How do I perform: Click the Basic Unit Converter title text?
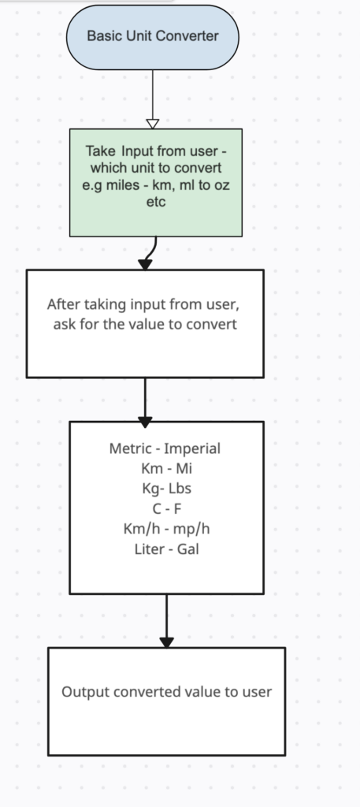[x=153, y=36]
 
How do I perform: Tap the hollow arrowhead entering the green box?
[x=153, y=124]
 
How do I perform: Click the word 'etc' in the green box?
[x=156, y=202]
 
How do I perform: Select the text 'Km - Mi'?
[x=167, y=468]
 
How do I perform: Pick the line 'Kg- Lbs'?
[x=167, y=489]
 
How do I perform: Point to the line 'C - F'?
[x=167, y=509]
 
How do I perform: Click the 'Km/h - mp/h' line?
[x=167, y=529]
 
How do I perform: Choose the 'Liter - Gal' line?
[x=167, y=549]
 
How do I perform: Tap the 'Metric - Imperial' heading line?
[x=165, y=448]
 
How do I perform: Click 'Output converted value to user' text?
[x=167, y=692]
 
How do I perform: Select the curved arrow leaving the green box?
[x=150, y=251]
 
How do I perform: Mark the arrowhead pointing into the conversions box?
[x=145, y=422]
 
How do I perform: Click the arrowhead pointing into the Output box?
[x=167, y=642]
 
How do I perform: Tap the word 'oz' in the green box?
[x=221, y=185]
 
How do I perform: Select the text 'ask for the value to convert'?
[x=145, y=324]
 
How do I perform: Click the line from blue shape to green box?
[x=153, y=95]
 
